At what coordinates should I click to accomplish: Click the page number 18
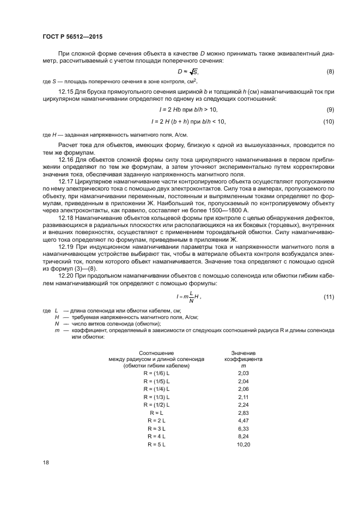pos(45,463)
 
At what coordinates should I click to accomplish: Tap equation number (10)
pos(328,121)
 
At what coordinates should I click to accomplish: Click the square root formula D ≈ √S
pos(188,72)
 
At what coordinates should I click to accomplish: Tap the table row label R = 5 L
pos(157,445)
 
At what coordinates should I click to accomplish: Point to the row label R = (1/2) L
pos(157,406)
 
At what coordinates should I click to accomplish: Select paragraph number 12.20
pos(65,276)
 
